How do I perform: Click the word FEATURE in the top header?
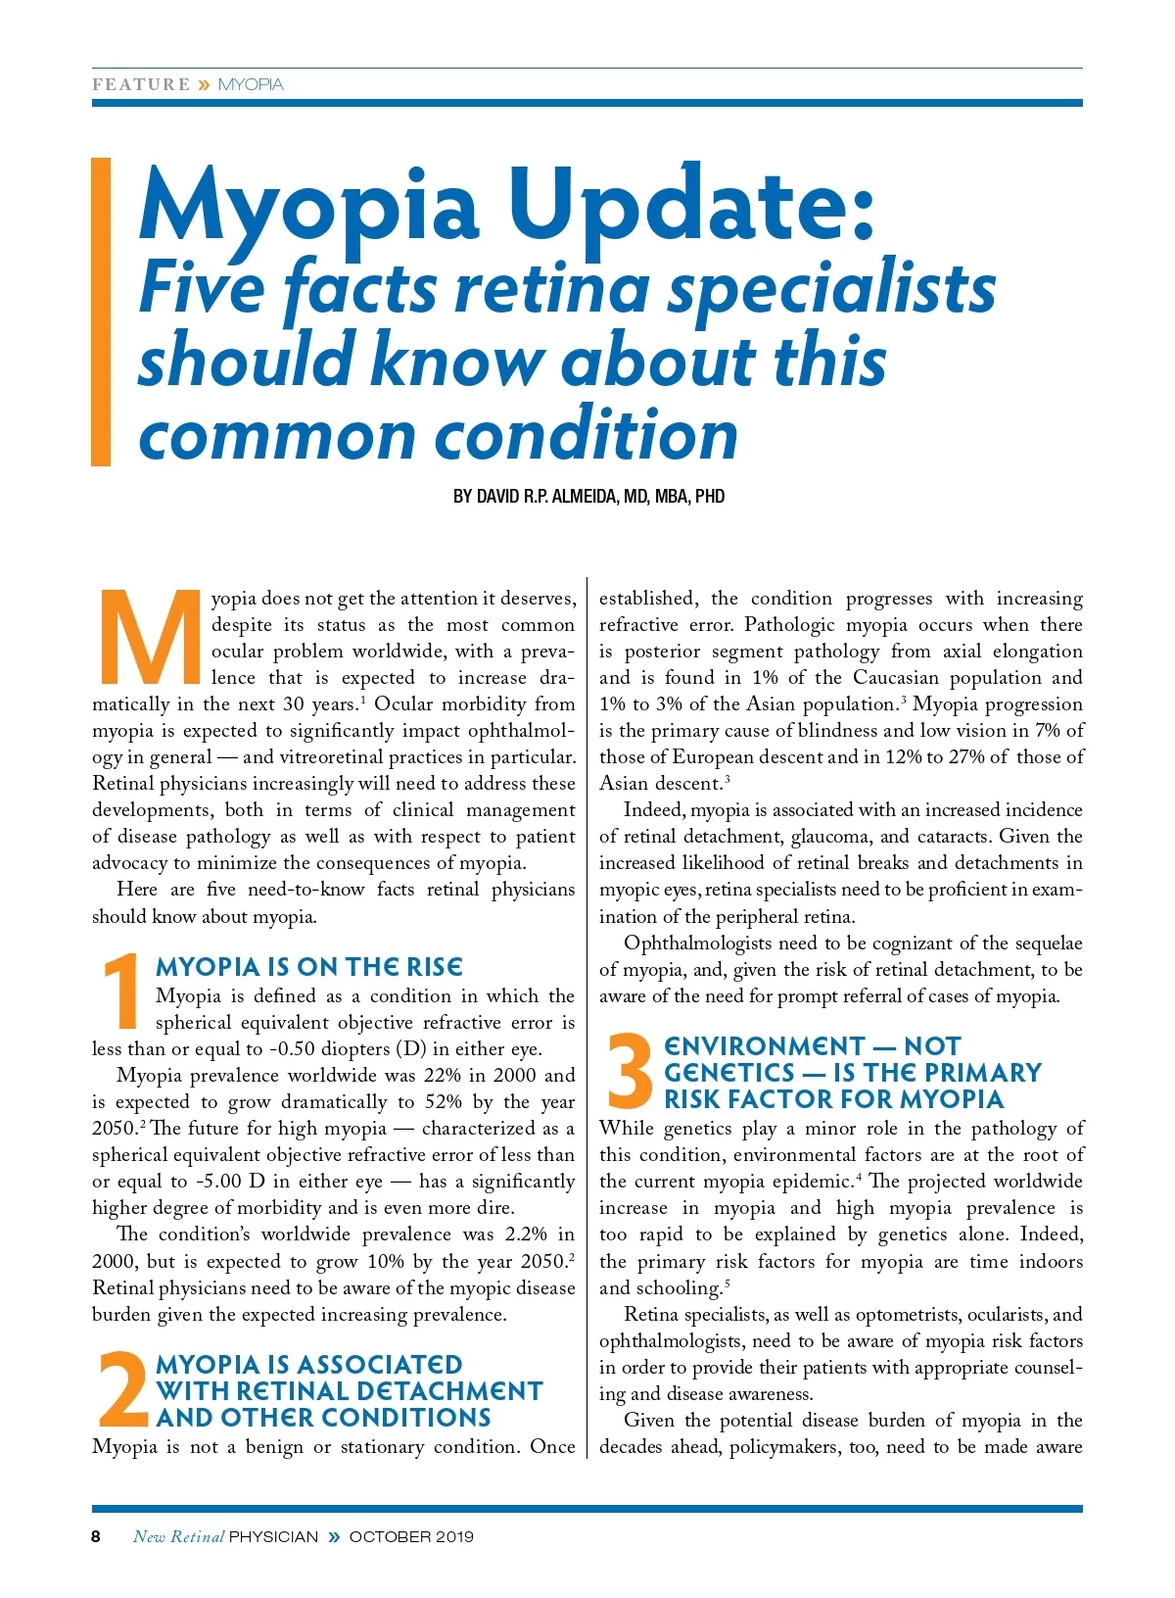pos(141,85)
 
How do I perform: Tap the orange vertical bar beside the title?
pos(101,312)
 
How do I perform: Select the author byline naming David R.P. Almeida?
pos(588,497)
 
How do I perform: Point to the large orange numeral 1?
pos(122,992)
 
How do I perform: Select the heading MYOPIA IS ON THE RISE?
pos(309,967)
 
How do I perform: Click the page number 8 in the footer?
pos(96,1536)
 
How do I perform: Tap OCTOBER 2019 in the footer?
pos(411,1536)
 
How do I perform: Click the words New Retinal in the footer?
pos(178,1536)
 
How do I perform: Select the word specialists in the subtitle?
pos(831,289)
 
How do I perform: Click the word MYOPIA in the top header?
pos(251,85)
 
